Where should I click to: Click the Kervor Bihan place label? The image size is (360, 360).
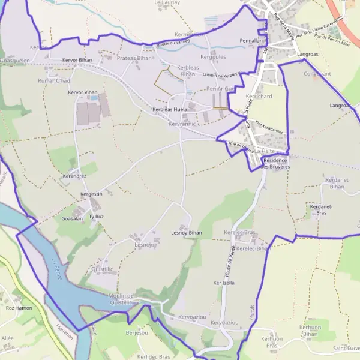tap(77, 61)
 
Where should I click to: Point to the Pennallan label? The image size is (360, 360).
tap(251, 41)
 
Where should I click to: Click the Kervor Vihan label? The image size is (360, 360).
tap(83, 92)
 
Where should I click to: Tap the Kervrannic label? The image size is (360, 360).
tap(183, 124)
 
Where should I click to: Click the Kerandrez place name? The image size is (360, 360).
tap(75, 176)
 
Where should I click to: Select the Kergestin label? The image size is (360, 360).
tap(92, 194)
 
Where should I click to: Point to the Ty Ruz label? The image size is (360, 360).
tap(96, 217)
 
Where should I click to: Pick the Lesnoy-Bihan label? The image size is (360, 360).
tap(187, 233)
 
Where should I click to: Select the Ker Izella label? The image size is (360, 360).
tap(224, 282)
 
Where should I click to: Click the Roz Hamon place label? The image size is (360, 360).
tap(18, 308)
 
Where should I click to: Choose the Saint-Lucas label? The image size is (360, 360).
tap(346, 348)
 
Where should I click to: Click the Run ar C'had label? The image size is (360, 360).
tap(54, 81)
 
